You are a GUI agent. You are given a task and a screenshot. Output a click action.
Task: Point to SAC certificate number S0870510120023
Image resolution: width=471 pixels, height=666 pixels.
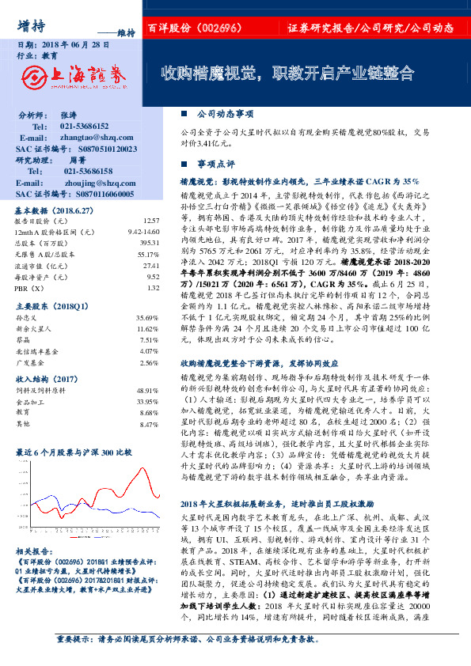(100, 149)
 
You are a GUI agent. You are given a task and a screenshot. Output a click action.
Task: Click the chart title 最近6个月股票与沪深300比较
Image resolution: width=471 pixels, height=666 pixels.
(74, 454)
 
